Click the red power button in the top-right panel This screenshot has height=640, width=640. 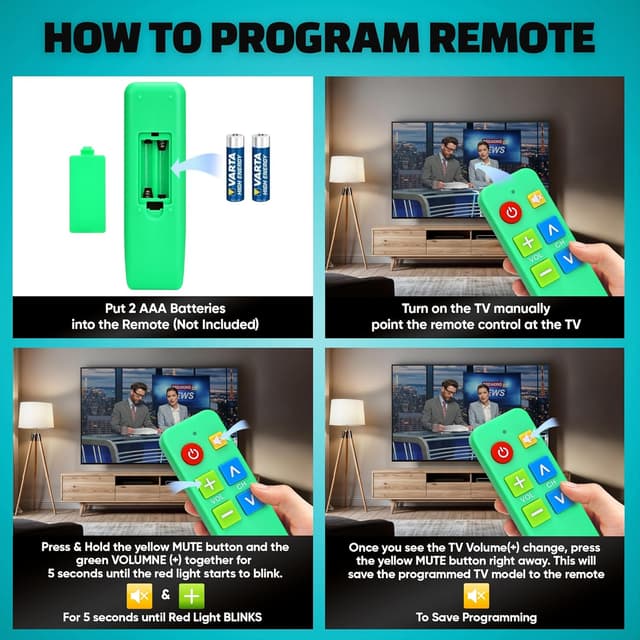click(511, 212)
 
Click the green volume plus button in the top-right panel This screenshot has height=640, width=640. click(527, 243)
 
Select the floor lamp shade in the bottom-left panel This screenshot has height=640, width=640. click(36, 415)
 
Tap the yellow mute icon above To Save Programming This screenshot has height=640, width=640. click(477, 596)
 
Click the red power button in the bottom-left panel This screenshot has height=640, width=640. click(193, 454)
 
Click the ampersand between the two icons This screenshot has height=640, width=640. click(165, 597)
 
